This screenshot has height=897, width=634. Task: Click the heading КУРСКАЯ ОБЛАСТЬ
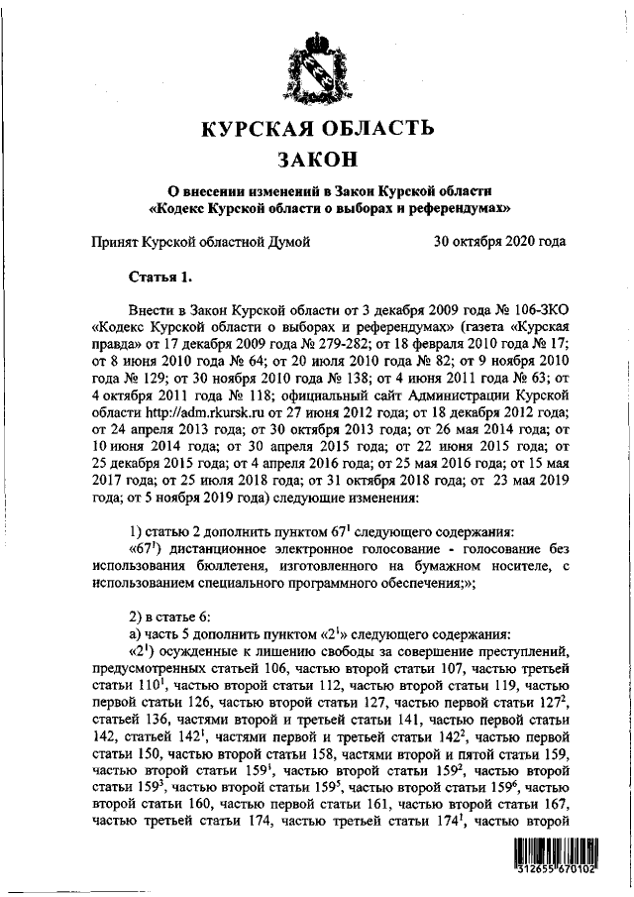point(317,129)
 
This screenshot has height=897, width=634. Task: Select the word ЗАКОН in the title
point(317,160)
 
